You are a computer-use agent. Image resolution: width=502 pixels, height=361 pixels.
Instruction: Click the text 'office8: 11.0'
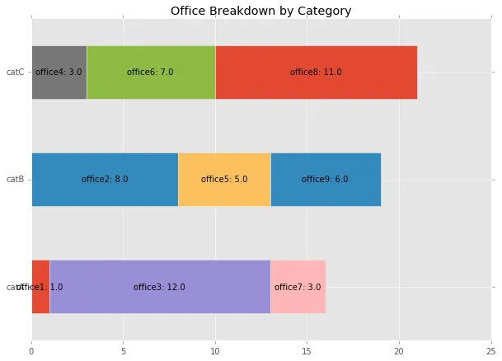pos(316,73)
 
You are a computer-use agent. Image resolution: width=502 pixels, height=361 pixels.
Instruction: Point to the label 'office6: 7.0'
pos(150,73)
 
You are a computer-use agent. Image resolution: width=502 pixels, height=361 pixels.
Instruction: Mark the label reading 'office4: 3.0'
pos(59,73)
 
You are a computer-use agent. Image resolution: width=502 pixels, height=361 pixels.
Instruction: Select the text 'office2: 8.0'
pos(105,180)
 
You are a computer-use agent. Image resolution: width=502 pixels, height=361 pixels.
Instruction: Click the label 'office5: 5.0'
pos(224,180)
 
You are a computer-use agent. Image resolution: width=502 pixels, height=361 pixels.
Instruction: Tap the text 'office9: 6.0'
pos(325,180)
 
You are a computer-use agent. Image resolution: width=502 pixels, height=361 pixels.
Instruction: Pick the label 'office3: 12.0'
pos(159,288)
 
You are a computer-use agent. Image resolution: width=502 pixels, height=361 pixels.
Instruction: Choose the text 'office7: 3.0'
pos(298,288)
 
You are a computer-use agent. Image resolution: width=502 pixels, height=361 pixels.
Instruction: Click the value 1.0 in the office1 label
pos(56,288)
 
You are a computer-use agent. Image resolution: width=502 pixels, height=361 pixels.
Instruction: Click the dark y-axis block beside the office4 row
pos(16,73)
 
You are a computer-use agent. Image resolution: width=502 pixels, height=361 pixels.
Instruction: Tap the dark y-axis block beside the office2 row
pos(16,178)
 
